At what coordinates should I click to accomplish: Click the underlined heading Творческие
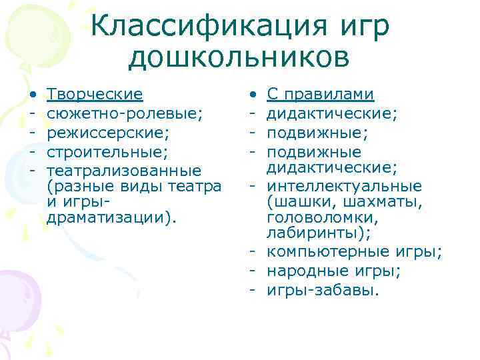[x=95, y=94]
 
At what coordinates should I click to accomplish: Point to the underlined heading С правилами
[x=320, y=94]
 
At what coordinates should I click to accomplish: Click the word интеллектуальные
[x=344, y=185]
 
